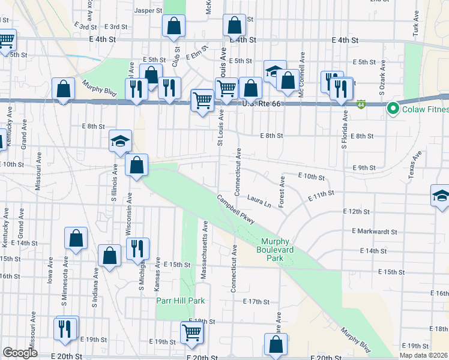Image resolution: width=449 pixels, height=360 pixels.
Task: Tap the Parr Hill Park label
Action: click(181, 301)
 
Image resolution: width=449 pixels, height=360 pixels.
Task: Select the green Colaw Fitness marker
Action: click(393, 109)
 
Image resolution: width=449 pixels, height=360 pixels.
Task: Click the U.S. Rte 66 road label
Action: click(261, 104)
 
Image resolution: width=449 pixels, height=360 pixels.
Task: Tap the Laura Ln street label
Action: click(259, 202)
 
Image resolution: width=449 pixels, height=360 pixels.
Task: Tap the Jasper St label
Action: click(149, 10)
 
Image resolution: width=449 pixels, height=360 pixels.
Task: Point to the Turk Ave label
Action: click(415, 24)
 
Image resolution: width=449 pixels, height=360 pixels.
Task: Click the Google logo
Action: click(20, 353)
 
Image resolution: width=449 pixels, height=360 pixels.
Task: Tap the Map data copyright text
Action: click(423, 355)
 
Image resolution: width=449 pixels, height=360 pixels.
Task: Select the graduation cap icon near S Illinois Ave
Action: click(120, 142)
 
